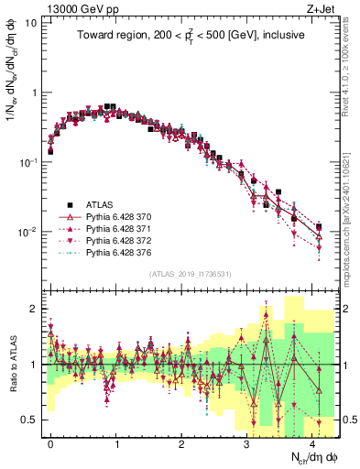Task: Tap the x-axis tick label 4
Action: coord(313,442)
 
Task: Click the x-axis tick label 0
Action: coord(50,442)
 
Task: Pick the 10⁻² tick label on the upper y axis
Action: coord(27,232)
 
